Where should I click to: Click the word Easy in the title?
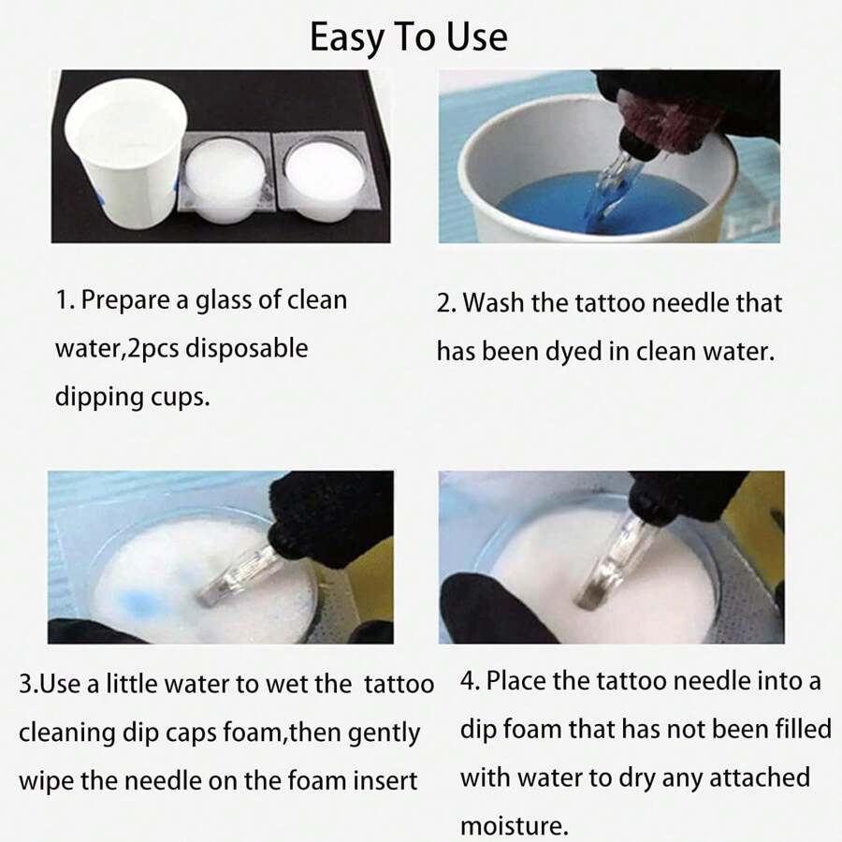[x=347, y=37]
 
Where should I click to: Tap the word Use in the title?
[x=475, y=37]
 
